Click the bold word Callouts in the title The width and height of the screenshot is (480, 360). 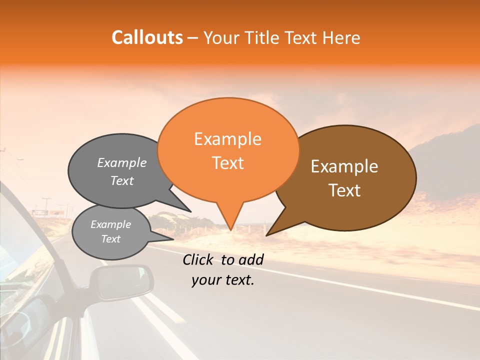(x=147, y=37)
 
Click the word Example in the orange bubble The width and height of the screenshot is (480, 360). (x=227, y=139)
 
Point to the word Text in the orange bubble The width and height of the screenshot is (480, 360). (x=227, y=163)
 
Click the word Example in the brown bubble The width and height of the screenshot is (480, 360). (x=344, y=166)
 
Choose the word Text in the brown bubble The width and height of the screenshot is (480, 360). (x=344, y=190)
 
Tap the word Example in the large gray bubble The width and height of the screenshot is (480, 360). (x=122, y=163)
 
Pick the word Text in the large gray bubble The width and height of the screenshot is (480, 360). (x=122, y=181)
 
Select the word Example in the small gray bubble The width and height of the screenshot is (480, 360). (x=110, y=225)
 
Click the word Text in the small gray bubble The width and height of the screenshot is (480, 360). (x=110, y=239)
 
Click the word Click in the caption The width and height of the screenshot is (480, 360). (x=199, y=259)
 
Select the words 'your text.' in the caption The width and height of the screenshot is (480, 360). (x=223, y=280)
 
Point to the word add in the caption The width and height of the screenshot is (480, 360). (x=251, y=259)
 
